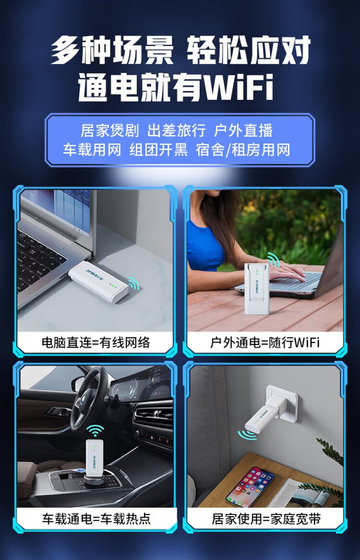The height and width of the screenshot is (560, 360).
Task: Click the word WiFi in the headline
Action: (238, 87)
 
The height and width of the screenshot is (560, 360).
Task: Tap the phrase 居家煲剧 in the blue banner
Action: (109, 131)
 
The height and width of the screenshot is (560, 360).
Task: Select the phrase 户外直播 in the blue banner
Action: (243, 131)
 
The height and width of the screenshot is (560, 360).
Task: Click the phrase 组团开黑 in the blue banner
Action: (158, 150)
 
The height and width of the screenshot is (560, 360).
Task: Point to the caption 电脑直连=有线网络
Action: (96, 343)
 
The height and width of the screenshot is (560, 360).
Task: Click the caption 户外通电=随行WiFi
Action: (264, 343)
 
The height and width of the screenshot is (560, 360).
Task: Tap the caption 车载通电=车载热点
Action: (96, 519)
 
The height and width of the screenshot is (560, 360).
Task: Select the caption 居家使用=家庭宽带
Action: (266, 519)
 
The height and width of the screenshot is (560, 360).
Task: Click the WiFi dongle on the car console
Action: (94, 458)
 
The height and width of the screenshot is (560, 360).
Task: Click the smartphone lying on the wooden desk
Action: (251, 486)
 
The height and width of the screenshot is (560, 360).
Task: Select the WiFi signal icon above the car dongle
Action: (95, 430)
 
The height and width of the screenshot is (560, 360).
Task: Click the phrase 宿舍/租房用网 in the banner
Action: (243, 150)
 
